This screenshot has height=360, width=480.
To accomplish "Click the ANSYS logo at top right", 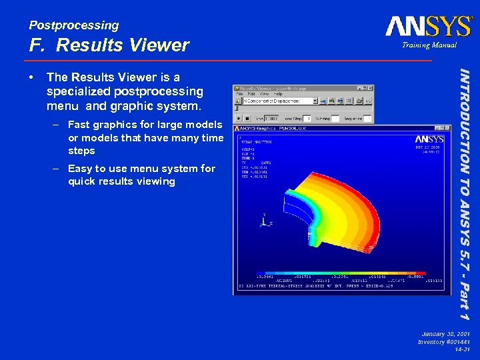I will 428,26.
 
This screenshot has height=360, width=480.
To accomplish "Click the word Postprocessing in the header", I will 74,25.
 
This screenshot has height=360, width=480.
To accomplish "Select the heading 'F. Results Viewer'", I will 109,45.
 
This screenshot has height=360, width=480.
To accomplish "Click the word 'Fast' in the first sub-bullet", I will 79,125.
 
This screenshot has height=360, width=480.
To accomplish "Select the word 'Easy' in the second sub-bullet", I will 80,169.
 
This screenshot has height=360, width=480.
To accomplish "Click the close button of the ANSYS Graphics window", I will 447,128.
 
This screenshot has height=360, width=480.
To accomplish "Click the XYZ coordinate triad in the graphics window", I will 265,220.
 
